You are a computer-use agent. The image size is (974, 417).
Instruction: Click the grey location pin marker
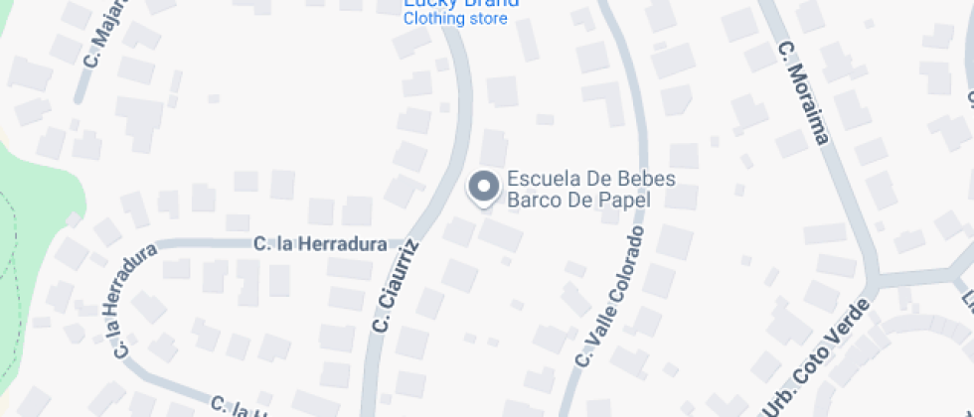pos(484,187)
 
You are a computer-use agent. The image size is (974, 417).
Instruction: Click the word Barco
pos(536,200)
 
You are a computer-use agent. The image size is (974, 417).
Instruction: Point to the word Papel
pos(626,200)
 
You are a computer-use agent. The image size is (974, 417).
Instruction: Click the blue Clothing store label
pos(455,19)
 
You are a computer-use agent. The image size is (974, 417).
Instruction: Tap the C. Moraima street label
pos(803,91)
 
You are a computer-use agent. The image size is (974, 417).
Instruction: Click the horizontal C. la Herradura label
pos(319,243)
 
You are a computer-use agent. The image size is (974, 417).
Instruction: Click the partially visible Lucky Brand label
pos(462,3)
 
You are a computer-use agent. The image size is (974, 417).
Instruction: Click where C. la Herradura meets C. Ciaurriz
pos(411,241)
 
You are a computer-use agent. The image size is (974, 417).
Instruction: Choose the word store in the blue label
pos(488,19)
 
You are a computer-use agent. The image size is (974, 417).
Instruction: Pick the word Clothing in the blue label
pos(434,19)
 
